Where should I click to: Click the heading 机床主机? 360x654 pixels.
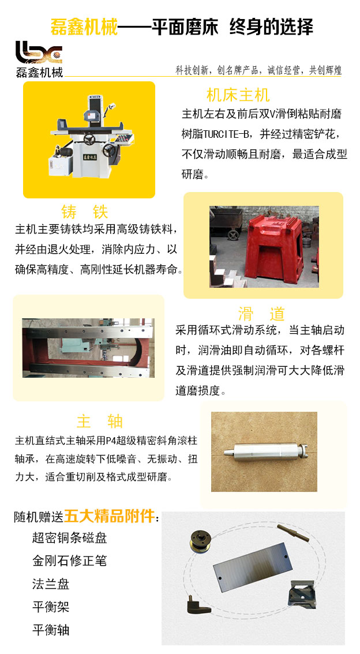[238, 95]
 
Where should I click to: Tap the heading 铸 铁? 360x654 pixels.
[85, 212]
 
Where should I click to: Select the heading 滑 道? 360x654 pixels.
[261, 314]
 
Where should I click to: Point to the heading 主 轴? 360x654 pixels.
[100, 421]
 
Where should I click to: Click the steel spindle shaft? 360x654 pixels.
[262, 452]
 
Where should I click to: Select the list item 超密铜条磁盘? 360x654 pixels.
[69, 538]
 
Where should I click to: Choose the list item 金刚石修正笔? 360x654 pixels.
[69, 561]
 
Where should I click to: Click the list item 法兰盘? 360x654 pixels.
[50, 584]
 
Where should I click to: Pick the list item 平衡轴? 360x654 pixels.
[50, 630]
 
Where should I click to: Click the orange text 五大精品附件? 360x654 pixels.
[109, 516]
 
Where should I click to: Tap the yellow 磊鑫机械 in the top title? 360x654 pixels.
[84, 27]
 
